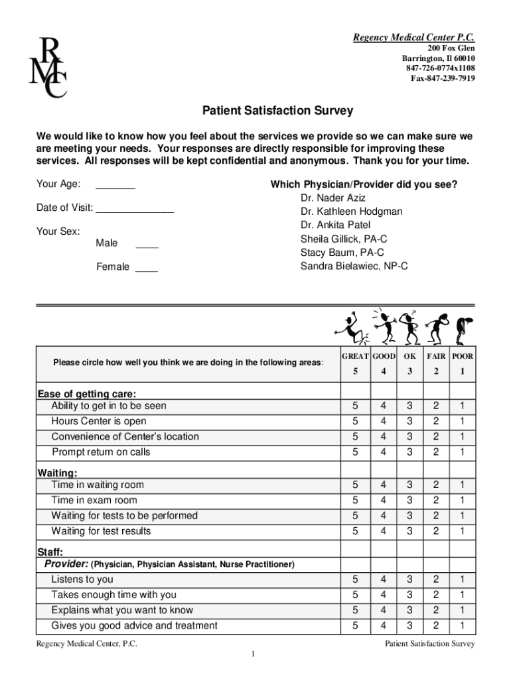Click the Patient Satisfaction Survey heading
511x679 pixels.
[277, 111]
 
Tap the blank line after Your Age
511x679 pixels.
[115, 186]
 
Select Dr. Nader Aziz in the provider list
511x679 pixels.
[332, 198]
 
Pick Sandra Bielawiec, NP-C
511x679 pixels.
[354, 267]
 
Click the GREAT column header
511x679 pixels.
[355, 357]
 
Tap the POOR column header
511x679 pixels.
[462, 357]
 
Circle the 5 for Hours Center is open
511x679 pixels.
[355, 422]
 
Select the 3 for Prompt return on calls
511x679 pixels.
[409, 452]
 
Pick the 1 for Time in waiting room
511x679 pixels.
[462, 485]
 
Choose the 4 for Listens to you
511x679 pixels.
[383, 580]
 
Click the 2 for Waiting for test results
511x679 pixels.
[436, 531]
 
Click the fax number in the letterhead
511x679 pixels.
[443, 78]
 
